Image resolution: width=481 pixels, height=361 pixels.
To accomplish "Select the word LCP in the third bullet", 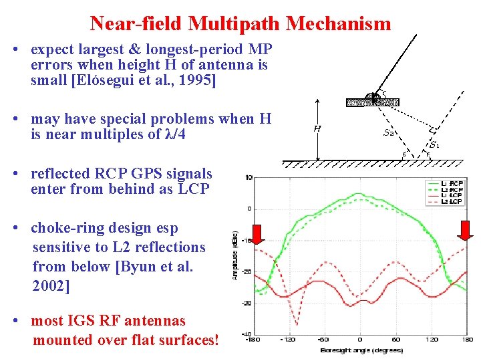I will pos(194,189).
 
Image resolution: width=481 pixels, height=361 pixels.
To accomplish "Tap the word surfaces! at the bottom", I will pos(186,340).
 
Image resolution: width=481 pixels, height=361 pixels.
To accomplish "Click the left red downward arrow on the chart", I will pos(258,231).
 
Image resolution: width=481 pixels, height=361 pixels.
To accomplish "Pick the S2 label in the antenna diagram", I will pos(388,132).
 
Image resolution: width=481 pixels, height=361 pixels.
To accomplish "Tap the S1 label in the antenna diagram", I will pos(434,144).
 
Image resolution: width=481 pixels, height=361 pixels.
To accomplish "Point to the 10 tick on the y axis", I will pos(249,178).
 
